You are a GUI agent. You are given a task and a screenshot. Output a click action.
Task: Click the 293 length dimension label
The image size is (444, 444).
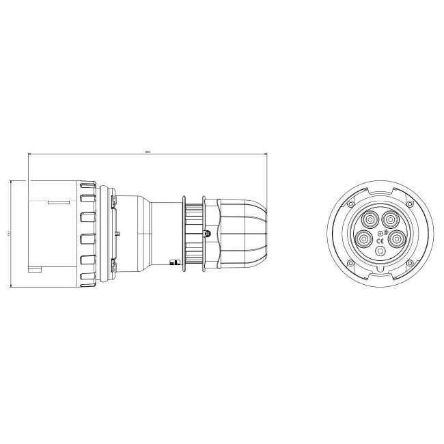pos(148,152)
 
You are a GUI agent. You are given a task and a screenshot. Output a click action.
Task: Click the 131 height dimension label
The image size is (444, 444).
pos(9,234)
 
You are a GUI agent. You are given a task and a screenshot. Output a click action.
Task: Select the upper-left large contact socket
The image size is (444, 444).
pos(370,219)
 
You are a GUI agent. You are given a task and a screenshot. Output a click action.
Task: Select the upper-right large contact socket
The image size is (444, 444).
pos(389,219)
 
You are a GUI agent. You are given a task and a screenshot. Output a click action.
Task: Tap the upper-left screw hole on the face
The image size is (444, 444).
pos(350,204)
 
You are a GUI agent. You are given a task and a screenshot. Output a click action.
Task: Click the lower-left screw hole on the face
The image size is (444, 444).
pos(350,264)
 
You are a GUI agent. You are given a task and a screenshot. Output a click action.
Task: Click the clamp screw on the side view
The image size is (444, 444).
pos(207,234)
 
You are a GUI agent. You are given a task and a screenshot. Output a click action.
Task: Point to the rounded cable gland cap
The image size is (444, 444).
pos(249,234)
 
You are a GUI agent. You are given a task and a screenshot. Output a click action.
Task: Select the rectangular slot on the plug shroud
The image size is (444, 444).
pos(58,202)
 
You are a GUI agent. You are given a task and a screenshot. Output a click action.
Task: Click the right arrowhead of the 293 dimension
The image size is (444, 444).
pos(265,155)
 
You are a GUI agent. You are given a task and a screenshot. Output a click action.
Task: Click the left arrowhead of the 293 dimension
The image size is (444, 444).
pos(29,155)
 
